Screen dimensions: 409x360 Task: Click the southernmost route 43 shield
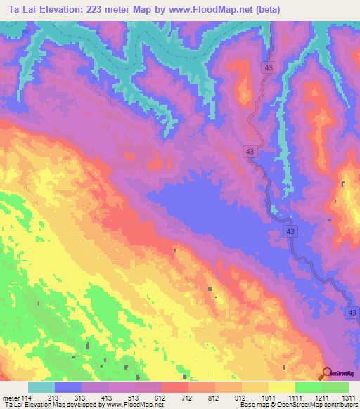tap(352, 311)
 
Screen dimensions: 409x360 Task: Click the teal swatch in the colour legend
tap(41, 387)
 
